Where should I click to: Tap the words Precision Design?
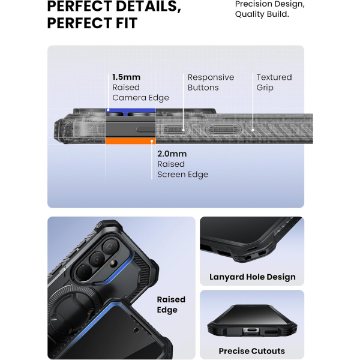click(269, 5)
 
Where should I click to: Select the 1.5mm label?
click(126, 77)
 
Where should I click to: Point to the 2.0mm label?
click(171, 154)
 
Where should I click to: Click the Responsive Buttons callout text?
click(211, 82)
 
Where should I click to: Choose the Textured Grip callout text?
click(274, 82)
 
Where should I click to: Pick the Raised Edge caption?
click(171, 304)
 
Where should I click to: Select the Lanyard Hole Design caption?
click(252, 277)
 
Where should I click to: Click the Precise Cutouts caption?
click(251, 351)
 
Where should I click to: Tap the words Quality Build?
click(262, 14)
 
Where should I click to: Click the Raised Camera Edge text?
click(140, 92)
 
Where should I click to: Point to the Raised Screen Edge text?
click(182, 169)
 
